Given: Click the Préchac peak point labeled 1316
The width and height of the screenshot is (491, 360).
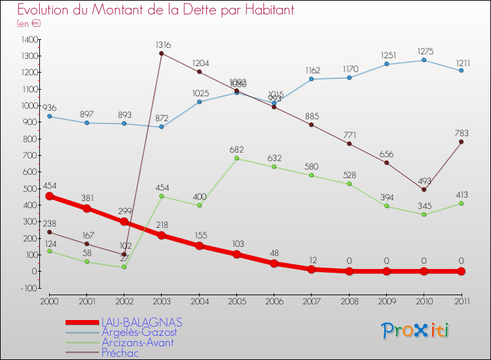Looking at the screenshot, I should (162, 54).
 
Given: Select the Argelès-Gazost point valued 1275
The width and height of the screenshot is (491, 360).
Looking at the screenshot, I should (424, 60).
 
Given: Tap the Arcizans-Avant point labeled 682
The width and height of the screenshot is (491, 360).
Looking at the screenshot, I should (237, 158).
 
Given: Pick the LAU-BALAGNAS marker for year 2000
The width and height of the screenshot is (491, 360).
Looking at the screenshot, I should (49, 196).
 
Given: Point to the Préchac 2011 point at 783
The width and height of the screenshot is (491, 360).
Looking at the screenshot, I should (462, 141).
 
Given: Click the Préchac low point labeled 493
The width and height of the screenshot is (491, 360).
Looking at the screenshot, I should (424, 190).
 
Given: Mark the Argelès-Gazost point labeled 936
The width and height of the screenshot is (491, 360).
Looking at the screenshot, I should (49, 117).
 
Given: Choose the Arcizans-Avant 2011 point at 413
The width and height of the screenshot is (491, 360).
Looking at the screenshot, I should (462, 203).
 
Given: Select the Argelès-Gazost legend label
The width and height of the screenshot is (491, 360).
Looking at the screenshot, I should (138, 333).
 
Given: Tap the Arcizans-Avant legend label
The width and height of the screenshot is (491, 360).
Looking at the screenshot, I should (137, 342).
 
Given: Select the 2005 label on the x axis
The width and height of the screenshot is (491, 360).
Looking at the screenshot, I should (237, 301).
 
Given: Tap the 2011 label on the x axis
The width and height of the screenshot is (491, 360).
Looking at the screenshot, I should (462, 301).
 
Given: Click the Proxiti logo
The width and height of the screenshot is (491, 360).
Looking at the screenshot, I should (416, 331).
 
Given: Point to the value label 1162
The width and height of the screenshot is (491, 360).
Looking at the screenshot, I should (312, 69).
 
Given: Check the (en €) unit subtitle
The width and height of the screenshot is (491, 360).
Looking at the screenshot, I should (29, 24).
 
